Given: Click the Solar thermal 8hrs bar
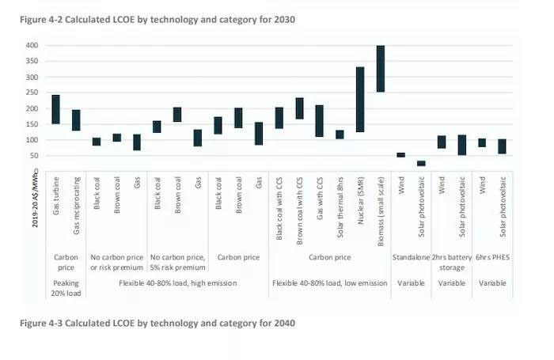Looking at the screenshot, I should tap(340, 135).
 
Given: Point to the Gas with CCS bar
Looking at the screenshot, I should tap(320, 121).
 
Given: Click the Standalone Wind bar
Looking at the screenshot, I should tap(400, 155).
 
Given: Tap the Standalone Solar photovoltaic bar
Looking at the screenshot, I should tap(421, 163).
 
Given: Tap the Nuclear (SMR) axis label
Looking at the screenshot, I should tap(360, 203).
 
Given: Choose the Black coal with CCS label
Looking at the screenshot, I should tap(279, 209).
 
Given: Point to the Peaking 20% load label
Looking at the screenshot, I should tap(66, 287).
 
